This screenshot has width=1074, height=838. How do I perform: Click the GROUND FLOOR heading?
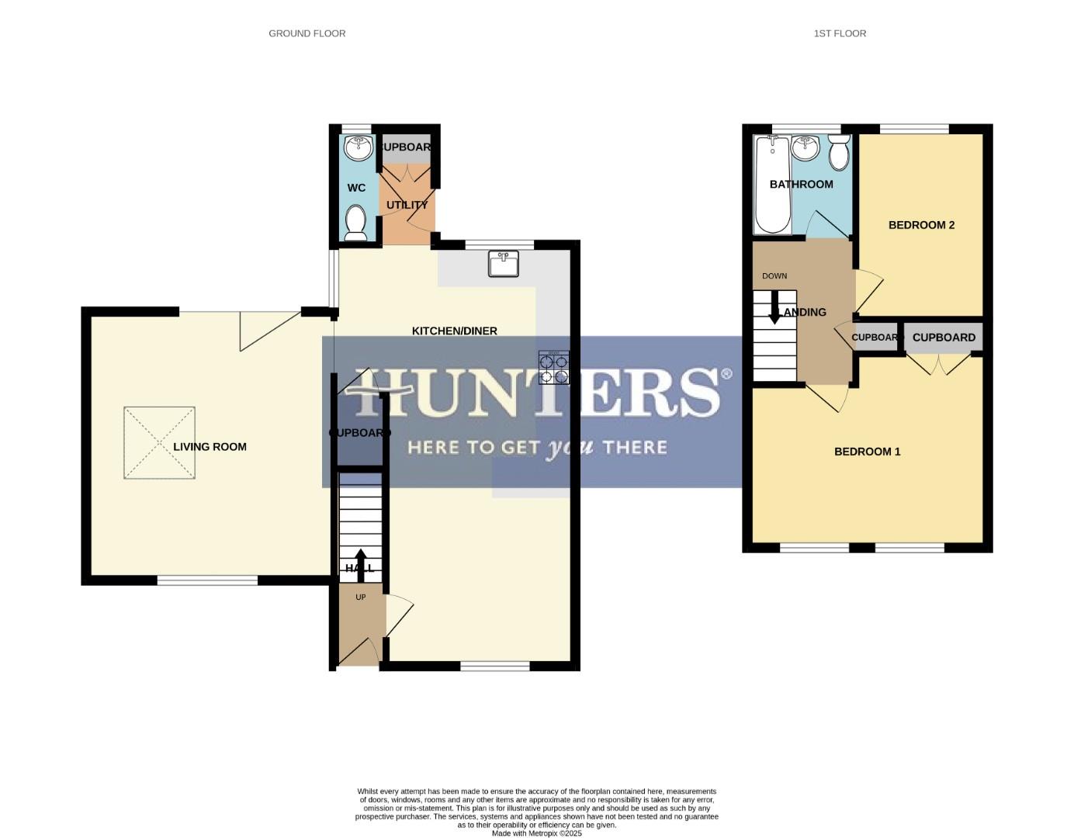click(x=307, y=33)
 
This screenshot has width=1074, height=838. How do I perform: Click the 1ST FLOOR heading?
click(x=840, y=33)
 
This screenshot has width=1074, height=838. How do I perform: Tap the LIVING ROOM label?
click(x=210, y=447)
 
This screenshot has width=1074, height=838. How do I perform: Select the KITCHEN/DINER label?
click(x=454, y=331)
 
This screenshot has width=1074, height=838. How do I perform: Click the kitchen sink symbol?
click(x=504, y=263)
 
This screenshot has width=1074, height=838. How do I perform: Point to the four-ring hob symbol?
click(x=553, y=368)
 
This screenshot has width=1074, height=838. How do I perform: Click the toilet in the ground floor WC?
click(x=356, y=222)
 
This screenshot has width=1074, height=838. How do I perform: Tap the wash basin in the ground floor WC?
click(x=358, y=147)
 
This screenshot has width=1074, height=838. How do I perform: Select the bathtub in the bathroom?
click(x=772, y=185)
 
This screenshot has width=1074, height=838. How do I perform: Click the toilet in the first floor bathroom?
click(x=839, y=152)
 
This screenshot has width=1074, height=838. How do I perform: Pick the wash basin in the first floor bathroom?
click(x=806, y=147)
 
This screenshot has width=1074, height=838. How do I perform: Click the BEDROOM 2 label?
click(x=921, y=225)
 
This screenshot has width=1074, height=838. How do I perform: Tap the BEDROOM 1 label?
click(x=867, y=452)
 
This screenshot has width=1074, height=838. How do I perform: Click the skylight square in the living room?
click(x=159, y=443)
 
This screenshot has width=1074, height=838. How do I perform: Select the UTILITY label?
click(x=407, y=205)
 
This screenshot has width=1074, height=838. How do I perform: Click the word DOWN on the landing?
click(x=774, y=276)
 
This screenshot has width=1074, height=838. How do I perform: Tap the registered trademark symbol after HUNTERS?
click(x=726, y=374)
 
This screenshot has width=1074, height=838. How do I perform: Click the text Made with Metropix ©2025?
click(x=536, y=833)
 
